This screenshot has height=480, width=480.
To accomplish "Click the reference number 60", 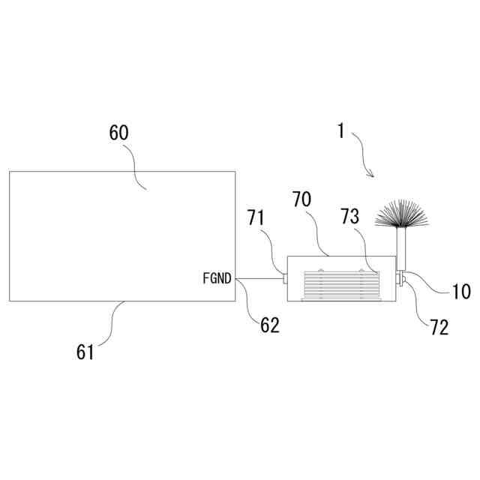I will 119,133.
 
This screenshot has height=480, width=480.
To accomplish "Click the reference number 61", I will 85,350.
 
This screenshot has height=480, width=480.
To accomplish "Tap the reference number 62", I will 269,325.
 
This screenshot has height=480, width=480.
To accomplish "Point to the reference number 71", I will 256,218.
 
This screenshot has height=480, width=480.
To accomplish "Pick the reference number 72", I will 439,327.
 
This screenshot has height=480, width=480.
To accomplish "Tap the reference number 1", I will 341,131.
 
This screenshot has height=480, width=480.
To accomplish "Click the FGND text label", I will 217,278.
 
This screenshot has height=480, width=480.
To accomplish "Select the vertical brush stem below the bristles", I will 400,249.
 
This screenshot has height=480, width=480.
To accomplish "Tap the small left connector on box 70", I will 285,279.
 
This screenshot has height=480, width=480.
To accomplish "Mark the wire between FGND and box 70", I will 259,279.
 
